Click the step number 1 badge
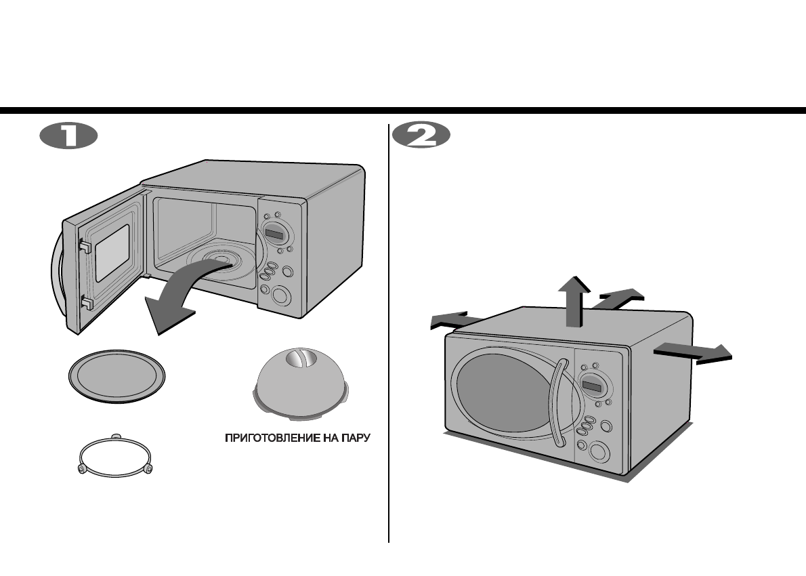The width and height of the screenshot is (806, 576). (69, 136)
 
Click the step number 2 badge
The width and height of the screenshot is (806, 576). (421, 136)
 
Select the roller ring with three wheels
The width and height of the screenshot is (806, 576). (116, 457)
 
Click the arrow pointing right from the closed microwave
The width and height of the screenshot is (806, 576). (694, 352)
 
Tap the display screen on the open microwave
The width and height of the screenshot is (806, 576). (275, 235)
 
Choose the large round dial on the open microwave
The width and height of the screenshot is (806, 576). (278, 295)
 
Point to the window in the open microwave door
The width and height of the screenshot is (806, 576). (112, 253)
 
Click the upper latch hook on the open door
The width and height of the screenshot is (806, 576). (84, 245)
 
